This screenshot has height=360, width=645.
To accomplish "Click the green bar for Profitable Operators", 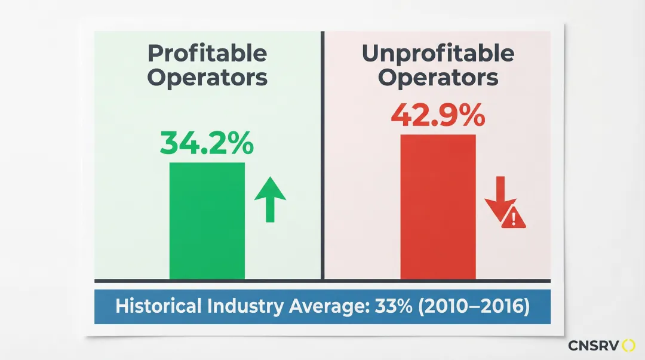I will [x=207, y=220].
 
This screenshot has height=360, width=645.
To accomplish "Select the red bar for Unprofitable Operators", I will [x=438, y=207].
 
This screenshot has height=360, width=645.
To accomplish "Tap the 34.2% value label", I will [x=207, y=144].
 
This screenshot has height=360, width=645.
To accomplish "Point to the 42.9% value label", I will [x=438, y=116].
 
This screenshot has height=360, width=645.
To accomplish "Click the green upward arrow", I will [x=270, y=199].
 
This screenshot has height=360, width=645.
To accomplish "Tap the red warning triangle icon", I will [x=514, y=219].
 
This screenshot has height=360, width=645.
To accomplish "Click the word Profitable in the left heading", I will [x=207, y=54].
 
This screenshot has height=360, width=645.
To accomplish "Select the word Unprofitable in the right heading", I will [x=438, y=54].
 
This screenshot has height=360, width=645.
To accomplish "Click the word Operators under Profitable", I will [x=207, y=78].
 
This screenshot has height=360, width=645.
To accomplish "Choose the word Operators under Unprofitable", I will [x=438, y=78].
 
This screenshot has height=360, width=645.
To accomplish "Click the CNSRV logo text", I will [x=593, y=346].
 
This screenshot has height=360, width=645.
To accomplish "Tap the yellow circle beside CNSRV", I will [x=628, y=346].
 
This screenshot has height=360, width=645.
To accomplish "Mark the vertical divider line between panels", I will [x=322, y=155].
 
